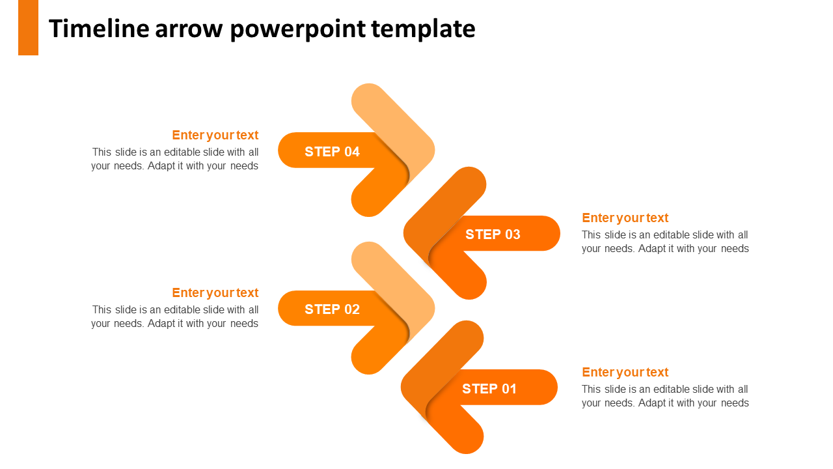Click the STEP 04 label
click(x=332, y=152)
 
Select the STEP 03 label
click(x=493, y=234)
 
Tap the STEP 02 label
click(x=332, y=309)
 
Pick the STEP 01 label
click(x=489, y=389)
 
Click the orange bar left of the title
click(x=28, y=27)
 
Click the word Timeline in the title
click(x=99, y=29)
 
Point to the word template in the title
click(x=423, y=29)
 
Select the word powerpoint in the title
click(x=298, y=29)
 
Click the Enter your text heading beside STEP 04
click(x=215, y=135)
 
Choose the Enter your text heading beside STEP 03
click(x=625, y=218)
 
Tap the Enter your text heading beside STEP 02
click(x=215, y=293)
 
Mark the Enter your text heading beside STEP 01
click(x=625, y=372)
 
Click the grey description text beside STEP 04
click(x=175, y=159)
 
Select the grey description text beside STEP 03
click(x=665, y=242)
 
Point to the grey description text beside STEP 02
click(x=175, y=317)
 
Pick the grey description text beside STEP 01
click(x=665, y=396)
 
